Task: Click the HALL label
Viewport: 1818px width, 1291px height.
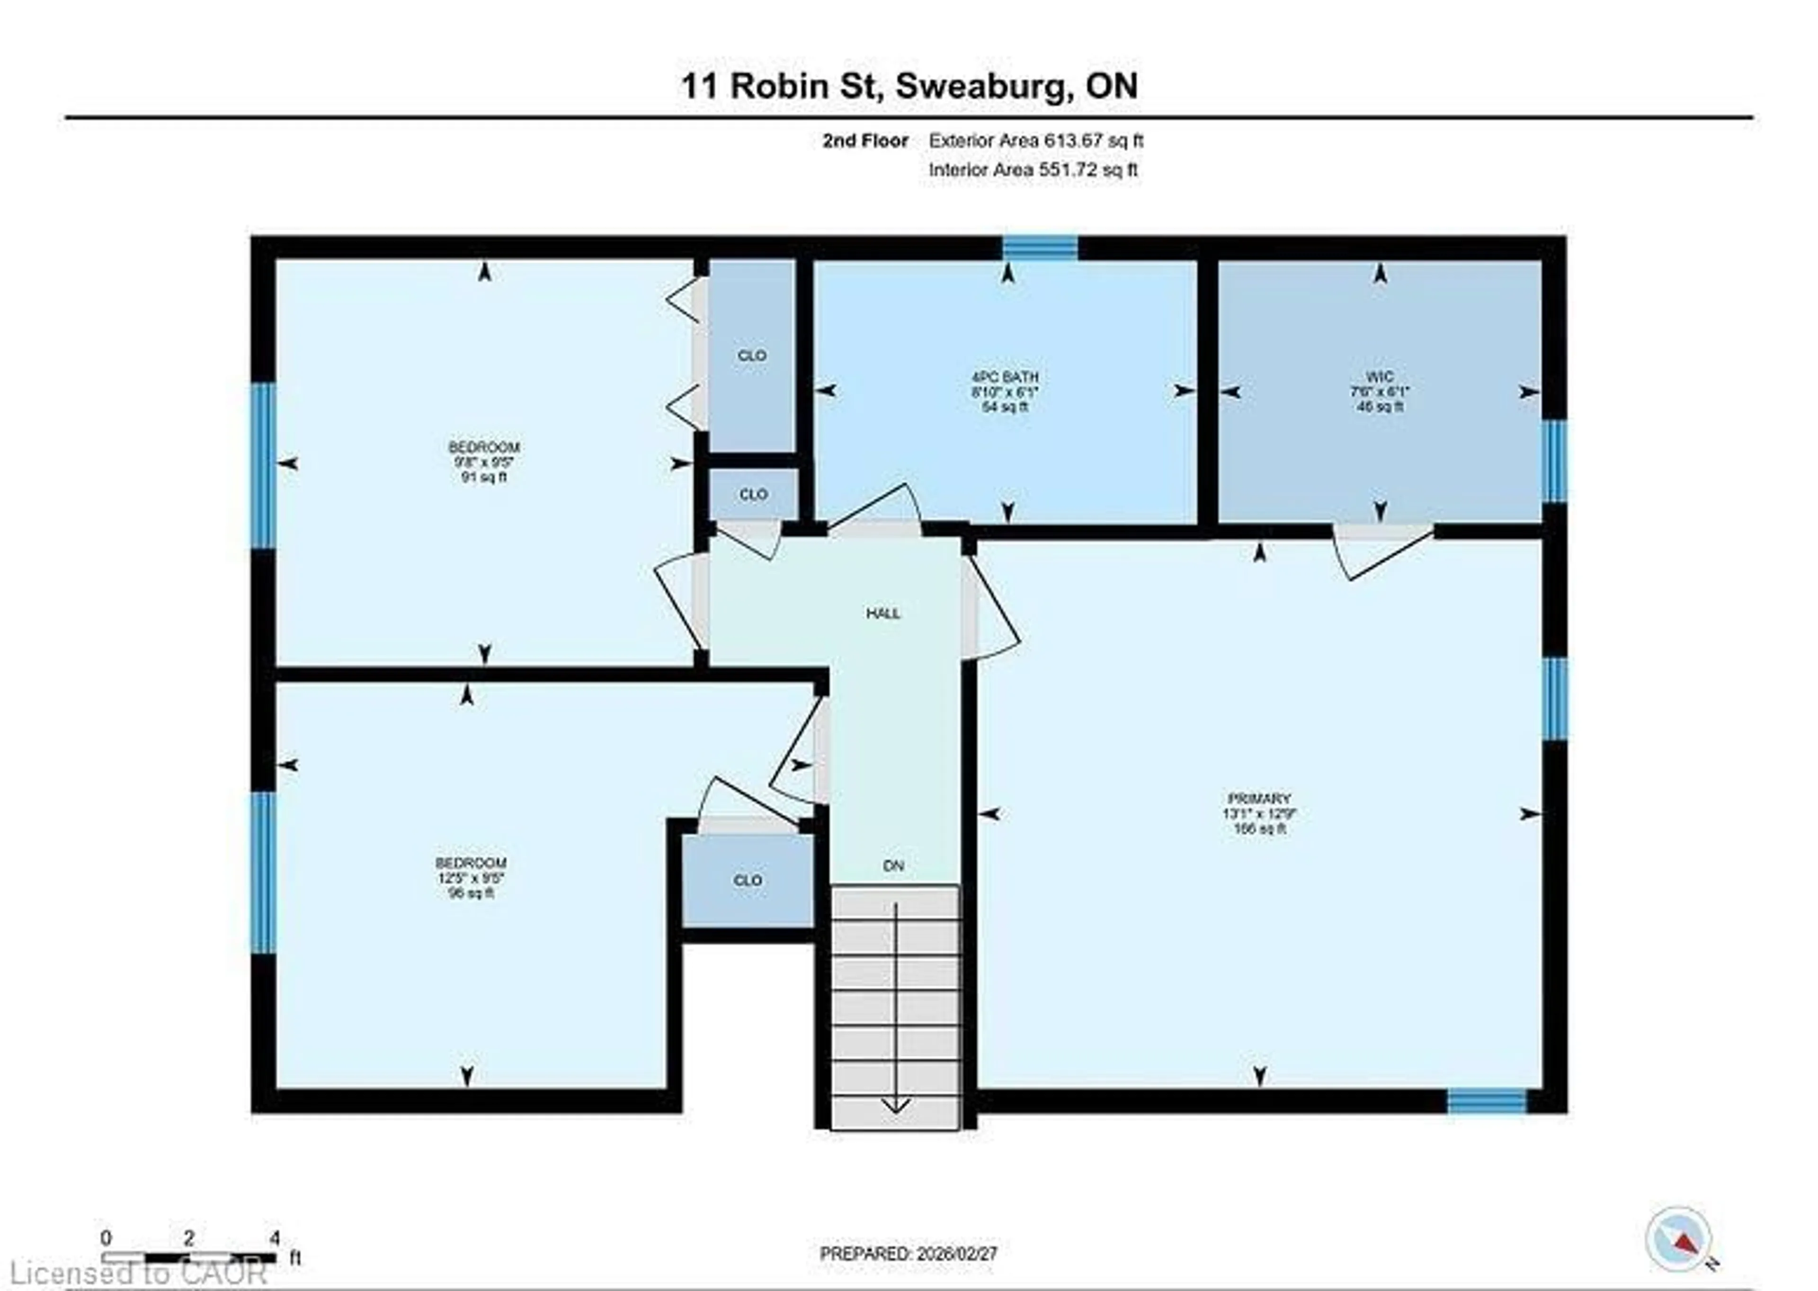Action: click(883, 613)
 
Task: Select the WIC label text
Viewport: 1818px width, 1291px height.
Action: click(1380, 377)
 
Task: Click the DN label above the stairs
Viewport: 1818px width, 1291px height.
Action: click(893, 866)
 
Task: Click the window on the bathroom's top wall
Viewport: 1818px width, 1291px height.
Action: click(1039, 248)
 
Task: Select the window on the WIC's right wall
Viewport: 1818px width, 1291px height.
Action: click(1554, 461)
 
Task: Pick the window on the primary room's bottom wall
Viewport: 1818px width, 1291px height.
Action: click(1487, 1101)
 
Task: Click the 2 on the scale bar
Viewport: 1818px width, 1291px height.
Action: click(188, 1238)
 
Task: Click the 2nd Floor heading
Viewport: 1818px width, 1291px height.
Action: click(865, 141)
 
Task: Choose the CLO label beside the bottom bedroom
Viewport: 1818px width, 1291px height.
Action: click(747, 880)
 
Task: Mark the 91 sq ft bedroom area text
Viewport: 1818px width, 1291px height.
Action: click(483, 477)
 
